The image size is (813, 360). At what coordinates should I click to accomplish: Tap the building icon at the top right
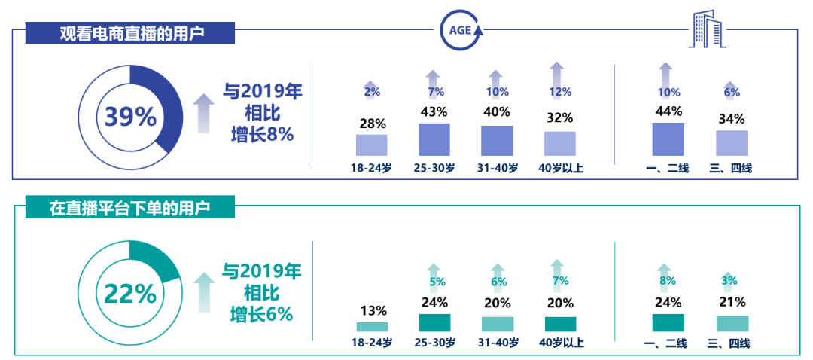[x=708, y=30]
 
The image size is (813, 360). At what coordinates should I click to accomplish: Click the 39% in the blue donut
[x=130, y=117]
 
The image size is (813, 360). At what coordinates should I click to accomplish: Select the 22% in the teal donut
[x=130, y=293]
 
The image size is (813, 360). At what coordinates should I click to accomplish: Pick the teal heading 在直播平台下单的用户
[x=131, y=207]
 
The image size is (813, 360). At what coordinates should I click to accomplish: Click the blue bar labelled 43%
[x=434, y=139]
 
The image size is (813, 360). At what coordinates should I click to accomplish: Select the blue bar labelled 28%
[x=371, y=145]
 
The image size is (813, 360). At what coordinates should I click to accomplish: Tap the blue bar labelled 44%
[x=668, y=139]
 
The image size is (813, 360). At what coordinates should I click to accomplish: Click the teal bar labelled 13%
[x=371, y=327]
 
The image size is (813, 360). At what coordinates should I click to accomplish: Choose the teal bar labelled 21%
[x=732, y=323]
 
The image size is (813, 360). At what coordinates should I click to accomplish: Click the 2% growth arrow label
[x=371, y=92]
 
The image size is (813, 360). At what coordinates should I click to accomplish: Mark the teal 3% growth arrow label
[x=728, y=282]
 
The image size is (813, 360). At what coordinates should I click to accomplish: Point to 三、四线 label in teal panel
[x=730, y=343]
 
